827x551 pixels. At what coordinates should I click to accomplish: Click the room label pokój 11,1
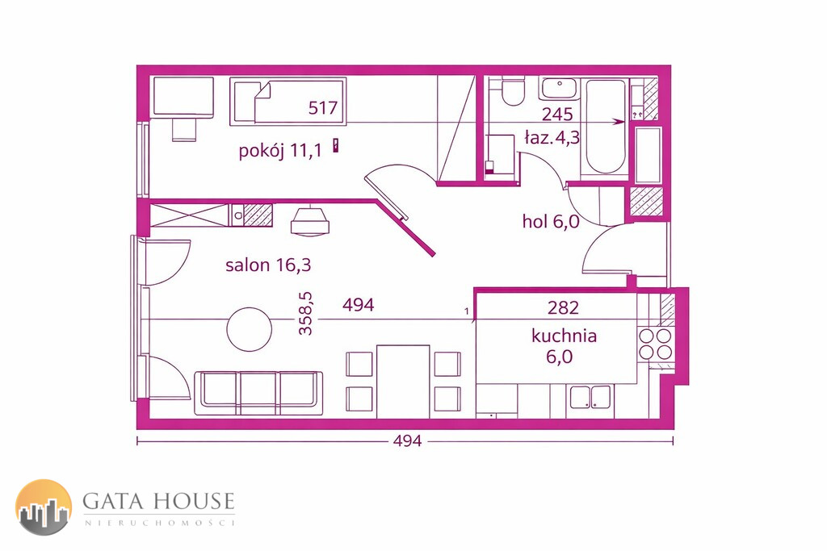(280, 151)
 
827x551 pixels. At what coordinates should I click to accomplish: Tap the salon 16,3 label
(268, 265)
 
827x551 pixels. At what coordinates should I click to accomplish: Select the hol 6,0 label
(551, 221)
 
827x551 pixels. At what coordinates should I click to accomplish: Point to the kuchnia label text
(564, 336)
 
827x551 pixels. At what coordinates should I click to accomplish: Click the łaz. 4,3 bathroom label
(552, 137)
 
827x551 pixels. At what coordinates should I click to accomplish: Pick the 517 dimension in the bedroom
(323, 107)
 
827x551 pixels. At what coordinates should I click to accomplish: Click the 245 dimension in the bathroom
(557, 114)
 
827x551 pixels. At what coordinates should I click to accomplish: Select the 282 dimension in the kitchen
(563, 307)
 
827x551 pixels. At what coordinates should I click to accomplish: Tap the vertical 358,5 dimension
(305, 314)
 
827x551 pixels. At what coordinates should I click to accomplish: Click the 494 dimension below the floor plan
(407, 440)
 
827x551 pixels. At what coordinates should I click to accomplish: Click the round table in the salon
(250, 330)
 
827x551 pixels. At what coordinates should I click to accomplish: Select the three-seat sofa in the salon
(259, 393)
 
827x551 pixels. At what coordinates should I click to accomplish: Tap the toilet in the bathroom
(512, 90)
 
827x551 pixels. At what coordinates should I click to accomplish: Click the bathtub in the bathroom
(605, 127)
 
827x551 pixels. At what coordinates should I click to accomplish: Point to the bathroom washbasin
(560, 89)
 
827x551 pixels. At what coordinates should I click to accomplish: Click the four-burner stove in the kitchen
(655, 344)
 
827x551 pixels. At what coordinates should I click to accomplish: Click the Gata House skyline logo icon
(44, 507)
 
